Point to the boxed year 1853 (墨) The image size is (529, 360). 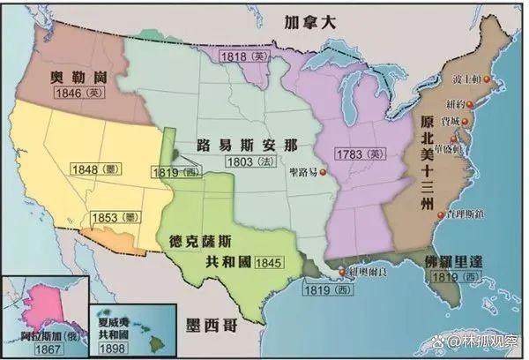[x=114, y=217]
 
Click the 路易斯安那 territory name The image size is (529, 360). [x=259, y=144]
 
